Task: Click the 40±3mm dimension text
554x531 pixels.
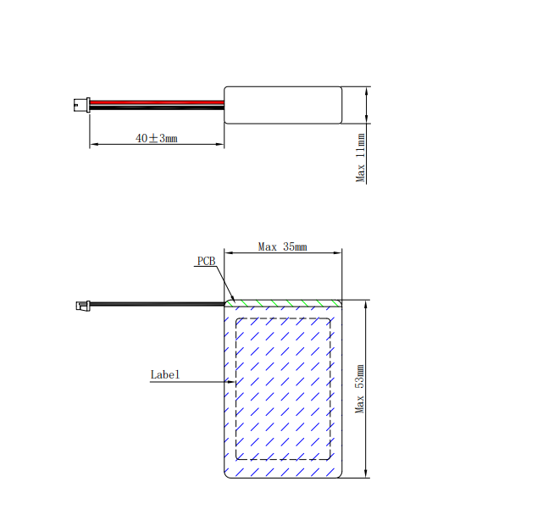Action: (x=156, y=138)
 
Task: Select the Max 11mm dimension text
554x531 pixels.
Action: (x=360, y=157)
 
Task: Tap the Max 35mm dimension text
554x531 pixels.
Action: (x=282, y=247)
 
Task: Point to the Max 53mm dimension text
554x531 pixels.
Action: (x=360, y=389)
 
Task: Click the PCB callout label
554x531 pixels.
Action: (x=206, y=262)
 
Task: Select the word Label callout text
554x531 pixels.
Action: (x=165, y=374)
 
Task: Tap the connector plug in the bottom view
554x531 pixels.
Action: (x=82, y=304)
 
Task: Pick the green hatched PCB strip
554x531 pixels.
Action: (x=282, y=303)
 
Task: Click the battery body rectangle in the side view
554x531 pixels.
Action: (x=282, y=105)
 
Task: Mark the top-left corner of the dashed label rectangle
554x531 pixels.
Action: (x=235, y=318)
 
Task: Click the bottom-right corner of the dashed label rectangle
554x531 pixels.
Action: (x=331, y=460)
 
